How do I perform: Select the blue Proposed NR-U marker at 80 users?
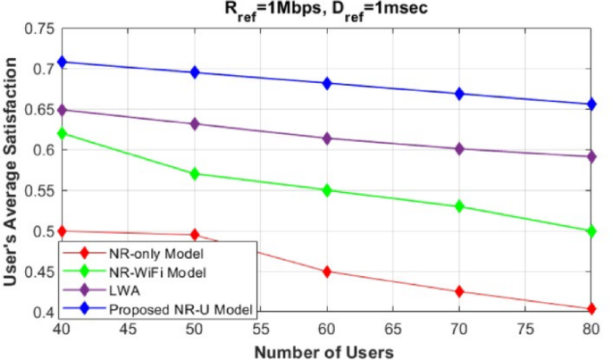coord(591,105)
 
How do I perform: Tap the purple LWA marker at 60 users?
coord(327,138)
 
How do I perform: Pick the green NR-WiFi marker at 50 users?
coord(195,173)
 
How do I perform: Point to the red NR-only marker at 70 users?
coord(459,291)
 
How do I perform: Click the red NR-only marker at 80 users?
coord(591,309)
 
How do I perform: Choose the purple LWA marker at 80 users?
coord(591,156)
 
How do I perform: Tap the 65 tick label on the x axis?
coord(393,330)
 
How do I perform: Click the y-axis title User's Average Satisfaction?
coord(13,170)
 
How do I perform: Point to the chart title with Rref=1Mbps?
coord(327,10)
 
